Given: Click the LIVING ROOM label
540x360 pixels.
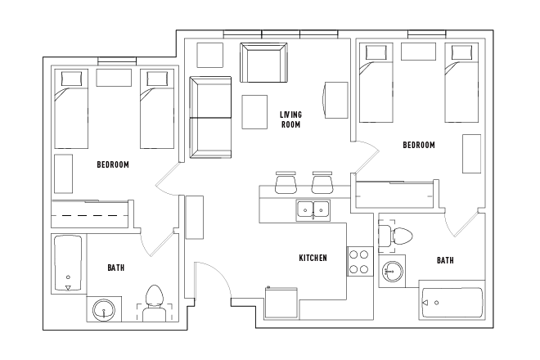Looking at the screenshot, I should (x=290, y=119).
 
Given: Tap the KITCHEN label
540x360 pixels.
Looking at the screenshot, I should (x=313, y=258).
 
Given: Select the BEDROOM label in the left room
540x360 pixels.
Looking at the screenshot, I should (x=113, y=164).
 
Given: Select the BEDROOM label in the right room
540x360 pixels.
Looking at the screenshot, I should (x=418, y=145).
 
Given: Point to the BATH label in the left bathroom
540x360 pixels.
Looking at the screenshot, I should (x=116, y=268).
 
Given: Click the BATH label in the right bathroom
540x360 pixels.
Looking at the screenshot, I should (x=445, y=260).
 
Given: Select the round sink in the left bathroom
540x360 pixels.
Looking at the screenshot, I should (x=104, y=310).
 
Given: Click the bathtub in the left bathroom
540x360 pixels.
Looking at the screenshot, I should (x=68, y=264).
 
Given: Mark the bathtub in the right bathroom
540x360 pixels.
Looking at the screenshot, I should (x=452, y=304).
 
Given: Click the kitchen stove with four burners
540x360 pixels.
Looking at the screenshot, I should (x=359, y=261).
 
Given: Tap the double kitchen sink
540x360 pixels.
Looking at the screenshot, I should (x=313, y=209).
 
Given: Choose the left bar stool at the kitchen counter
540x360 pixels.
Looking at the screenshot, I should (x=286, y=182).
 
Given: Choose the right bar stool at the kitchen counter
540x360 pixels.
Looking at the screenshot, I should (x=322, y=182).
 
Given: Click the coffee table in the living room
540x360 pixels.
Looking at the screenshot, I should (x=254, y=112).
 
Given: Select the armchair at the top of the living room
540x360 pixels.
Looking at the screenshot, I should (x=263, y=62).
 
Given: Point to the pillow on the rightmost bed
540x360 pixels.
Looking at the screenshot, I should (x=460, y=53).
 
